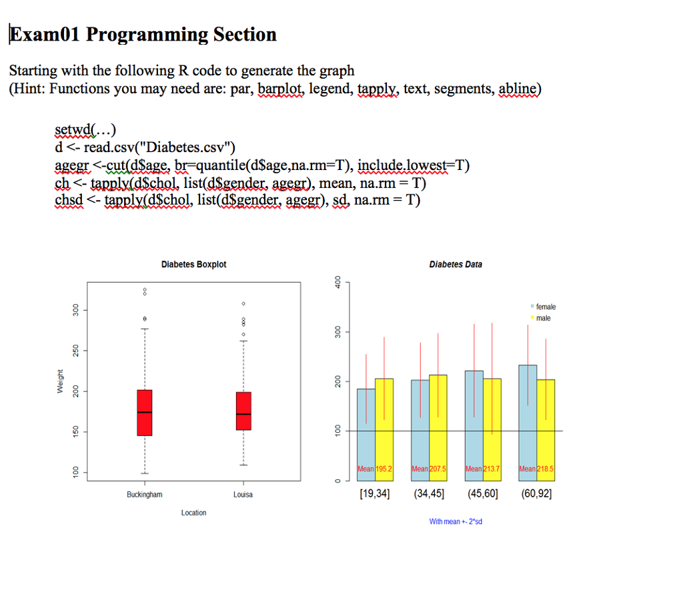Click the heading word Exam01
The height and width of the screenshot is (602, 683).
click(x=44, y=35)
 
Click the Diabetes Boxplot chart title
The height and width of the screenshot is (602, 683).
click(x=193, y=265)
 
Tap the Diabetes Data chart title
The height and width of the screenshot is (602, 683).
click(x=456, y=265)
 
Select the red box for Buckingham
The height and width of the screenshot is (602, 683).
click(x=144, y=413)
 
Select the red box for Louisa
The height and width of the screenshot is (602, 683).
click(x=243, y=411)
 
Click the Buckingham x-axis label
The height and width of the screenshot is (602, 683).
click(x=144, y=495)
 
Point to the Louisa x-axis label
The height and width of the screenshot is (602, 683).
click(x=243, y=495)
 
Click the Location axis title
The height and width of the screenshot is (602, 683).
click(x=193, y=513)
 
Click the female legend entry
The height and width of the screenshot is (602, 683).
click(x=545, y=307)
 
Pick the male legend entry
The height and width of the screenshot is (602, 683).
click(x=543, y=318)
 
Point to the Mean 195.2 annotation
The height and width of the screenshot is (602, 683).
click(x=375, y=469)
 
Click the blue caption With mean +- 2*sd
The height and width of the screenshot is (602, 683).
click(x=456, y=521)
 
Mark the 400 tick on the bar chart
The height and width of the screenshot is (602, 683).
click(x=337, y=282)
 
